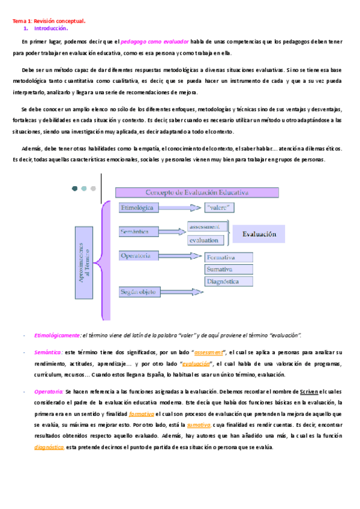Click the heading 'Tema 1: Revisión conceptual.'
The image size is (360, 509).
click(x=49, y=21)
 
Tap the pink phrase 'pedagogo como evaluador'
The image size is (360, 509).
click(x=155, y=41)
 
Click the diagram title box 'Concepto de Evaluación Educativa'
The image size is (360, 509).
click(x=197, y=193)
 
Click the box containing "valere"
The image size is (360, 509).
click(x=219, y=208)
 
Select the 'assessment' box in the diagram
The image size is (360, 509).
click(x=206, y=227)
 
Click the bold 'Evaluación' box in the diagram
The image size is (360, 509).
click(x=259, y=234)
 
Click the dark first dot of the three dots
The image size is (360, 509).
click(x=74, y=188)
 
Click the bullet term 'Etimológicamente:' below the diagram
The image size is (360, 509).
click(x=58, y=335)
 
